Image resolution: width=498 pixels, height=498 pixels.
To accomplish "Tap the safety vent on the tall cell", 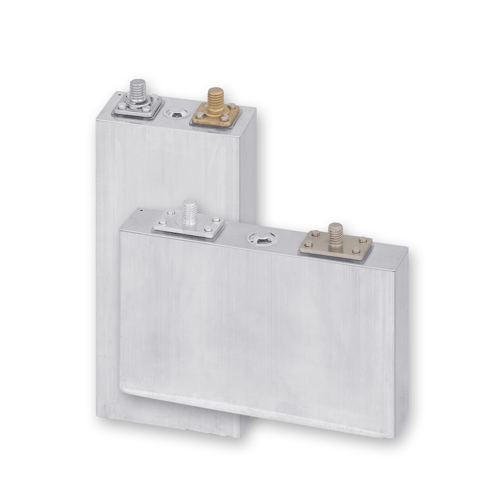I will pyautogui.click(x=176, y=114).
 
